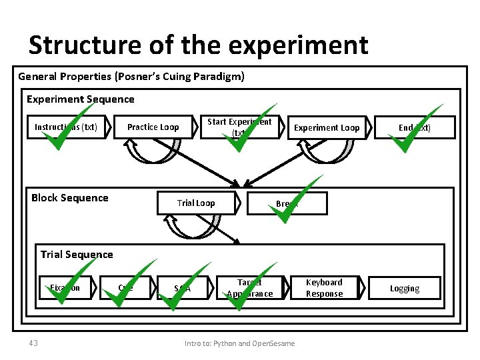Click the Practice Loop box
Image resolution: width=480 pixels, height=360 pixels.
(153, 127)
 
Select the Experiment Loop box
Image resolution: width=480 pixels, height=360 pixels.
(327, 127)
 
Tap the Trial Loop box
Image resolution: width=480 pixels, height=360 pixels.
(196, 203)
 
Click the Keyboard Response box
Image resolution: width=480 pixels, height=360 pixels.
(324, 288)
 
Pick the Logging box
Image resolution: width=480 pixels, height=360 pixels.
(405, 289)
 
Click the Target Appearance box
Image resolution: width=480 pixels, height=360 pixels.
(249, 288)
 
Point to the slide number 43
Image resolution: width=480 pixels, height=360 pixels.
(33, 343)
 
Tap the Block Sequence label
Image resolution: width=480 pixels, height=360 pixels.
(70, 197)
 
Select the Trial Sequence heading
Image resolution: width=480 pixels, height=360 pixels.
(77, 254)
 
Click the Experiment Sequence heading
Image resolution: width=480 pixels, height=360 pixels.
(80, 99)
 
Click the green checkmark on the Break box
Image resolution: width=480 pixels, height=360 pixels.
(294, 201)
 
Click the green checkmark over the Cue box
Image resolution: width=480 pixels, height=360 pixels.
(129, 285)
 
